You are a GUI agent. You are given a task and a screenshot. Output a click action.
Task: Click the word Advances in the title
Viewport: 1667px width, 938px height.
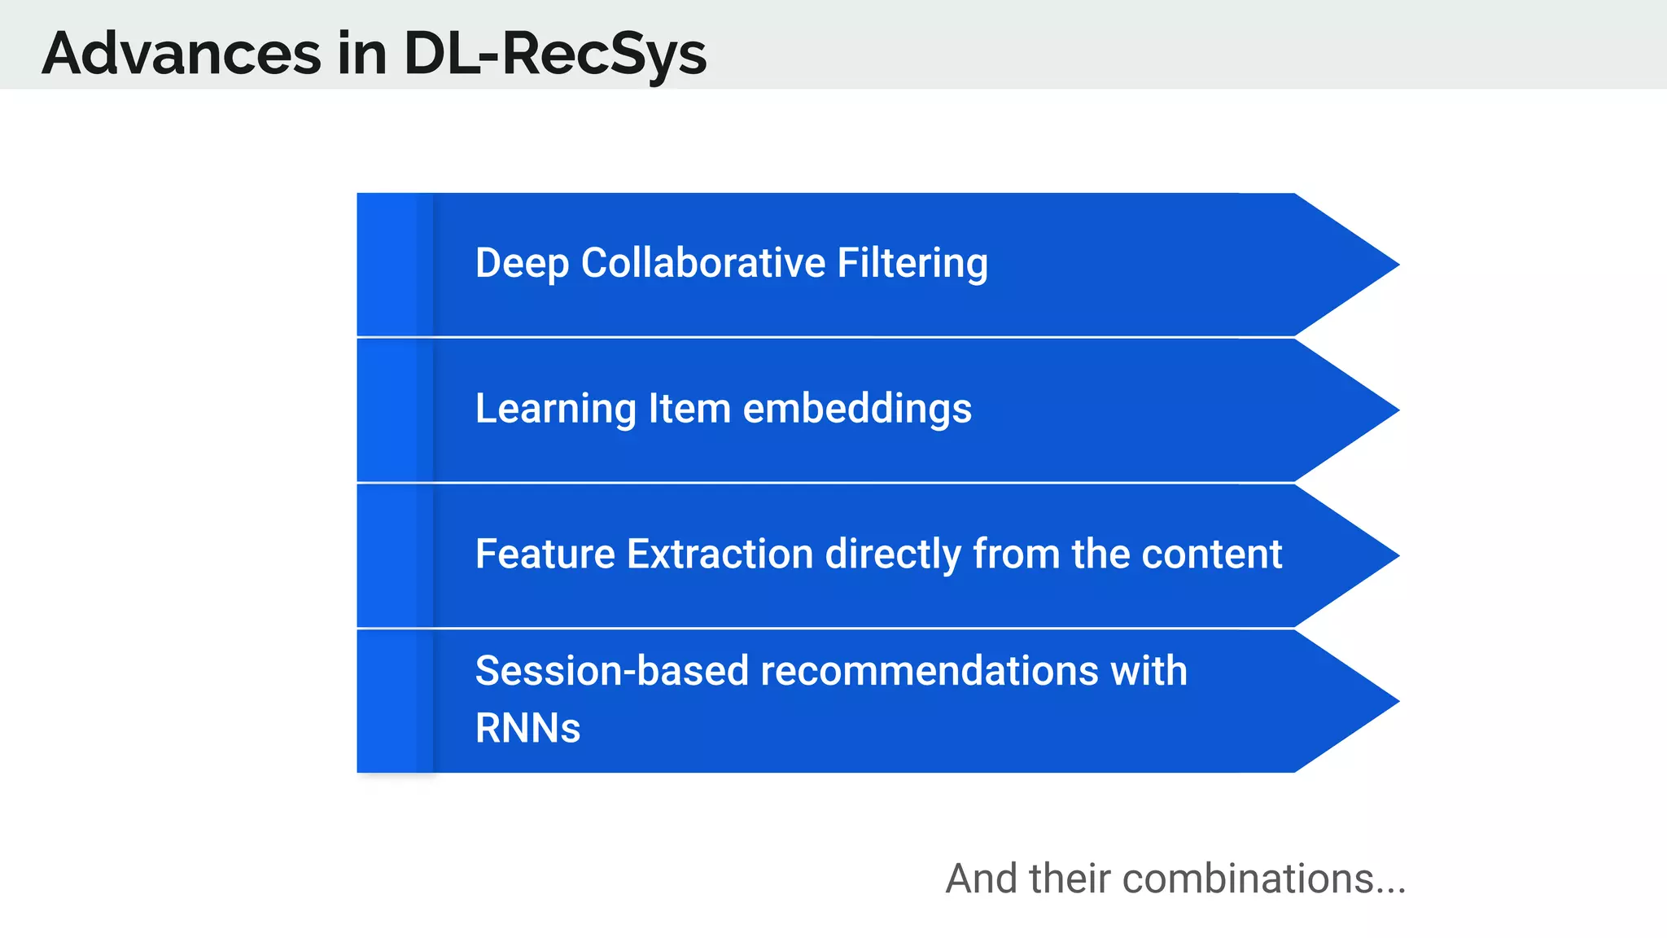pos(182,54)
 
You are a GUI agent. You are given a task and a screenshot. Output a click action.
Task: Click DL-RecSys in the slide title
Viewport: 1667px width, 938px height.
pos(554,54)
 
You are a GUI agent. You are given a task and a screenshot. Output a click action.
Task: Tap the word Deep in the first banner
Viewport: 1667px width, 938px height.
pos(521,263)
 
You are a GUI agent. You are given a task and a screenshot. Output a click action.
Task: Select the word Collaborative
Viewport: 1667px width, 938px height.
pos(703,263)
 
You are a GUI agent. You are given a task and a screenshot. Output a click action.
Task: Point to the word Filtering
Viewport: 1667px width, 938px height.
pos(912,263)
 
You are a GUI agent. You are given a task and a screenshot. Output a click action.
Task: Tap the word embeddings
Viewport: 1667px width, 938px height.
pos(857,409)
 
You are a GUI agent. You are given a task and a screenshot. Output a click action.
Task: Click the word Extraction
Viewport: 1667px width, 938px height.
pos(720,554)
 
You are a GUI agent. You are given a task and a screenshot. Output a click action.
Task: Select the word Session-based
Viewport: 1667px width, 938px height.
pos(611,671)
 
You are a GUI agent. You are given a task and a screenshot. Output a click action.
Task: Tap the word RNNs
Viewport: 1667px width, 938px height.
pos(527,728)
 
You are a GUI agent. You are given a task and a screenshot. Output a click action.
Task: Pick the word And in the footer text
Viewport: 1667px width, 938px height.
pos(982,879)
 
